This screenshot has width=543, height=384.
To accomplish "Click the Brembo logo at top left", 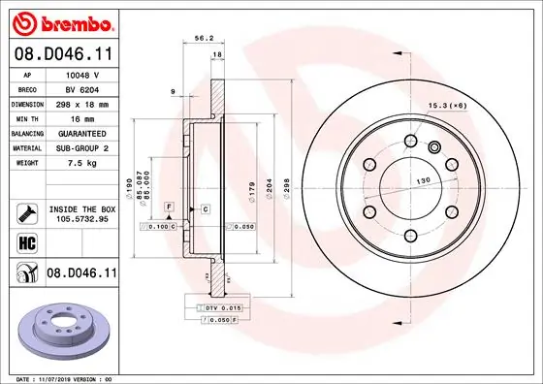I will pos(60,21).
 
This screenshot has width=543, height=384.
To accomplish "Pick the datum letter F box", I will pos(168,208).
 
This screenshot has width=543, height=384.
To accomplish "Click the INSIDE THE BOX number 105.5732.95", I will pos(82,218).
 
